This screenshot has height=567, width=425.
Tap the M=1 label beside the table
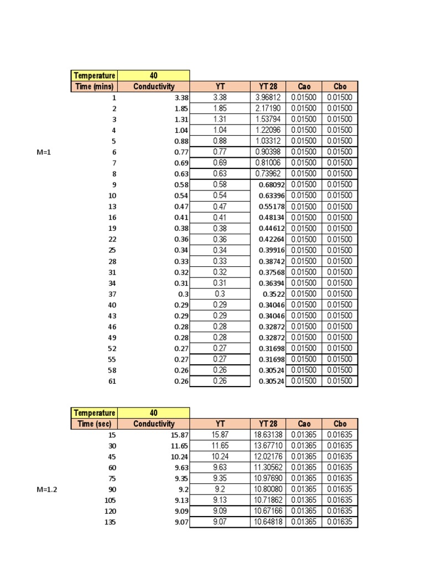pos(44,152)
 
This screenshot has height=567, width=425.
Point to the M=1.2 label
pos(46,489)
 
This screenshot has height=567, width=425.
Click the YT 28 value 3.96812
pos(268,97)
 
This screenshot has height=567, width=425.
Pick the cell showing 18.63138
pos(268,435)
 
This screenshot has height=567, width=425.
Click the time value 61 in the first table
pos(112,381)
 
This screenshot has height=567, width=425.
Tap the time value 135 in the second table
pos(110,522)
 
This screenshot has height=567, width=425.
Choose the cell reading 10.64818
pos(268,522)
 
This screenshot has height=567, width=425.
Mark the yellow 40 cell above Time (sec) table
pos(153,413)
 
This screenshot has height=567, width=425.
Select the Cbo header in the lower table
pos(340,424)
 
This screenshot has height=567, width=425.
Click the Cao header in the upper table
pos(303,86)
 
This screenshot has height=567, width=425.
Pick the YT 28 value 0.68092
pos(271,184)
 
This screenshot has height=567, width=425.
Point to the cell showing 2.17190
pos(268,109)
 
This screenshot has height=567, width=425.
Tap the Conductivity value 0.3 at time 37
pos(183,294)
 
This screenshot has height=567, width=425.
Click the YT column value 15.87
pos(220,435)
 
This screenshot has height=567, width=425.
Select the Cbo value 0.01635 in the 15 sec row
pos(340,435)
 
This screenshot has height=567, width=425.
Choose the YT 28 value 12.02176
pos(268,457)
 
